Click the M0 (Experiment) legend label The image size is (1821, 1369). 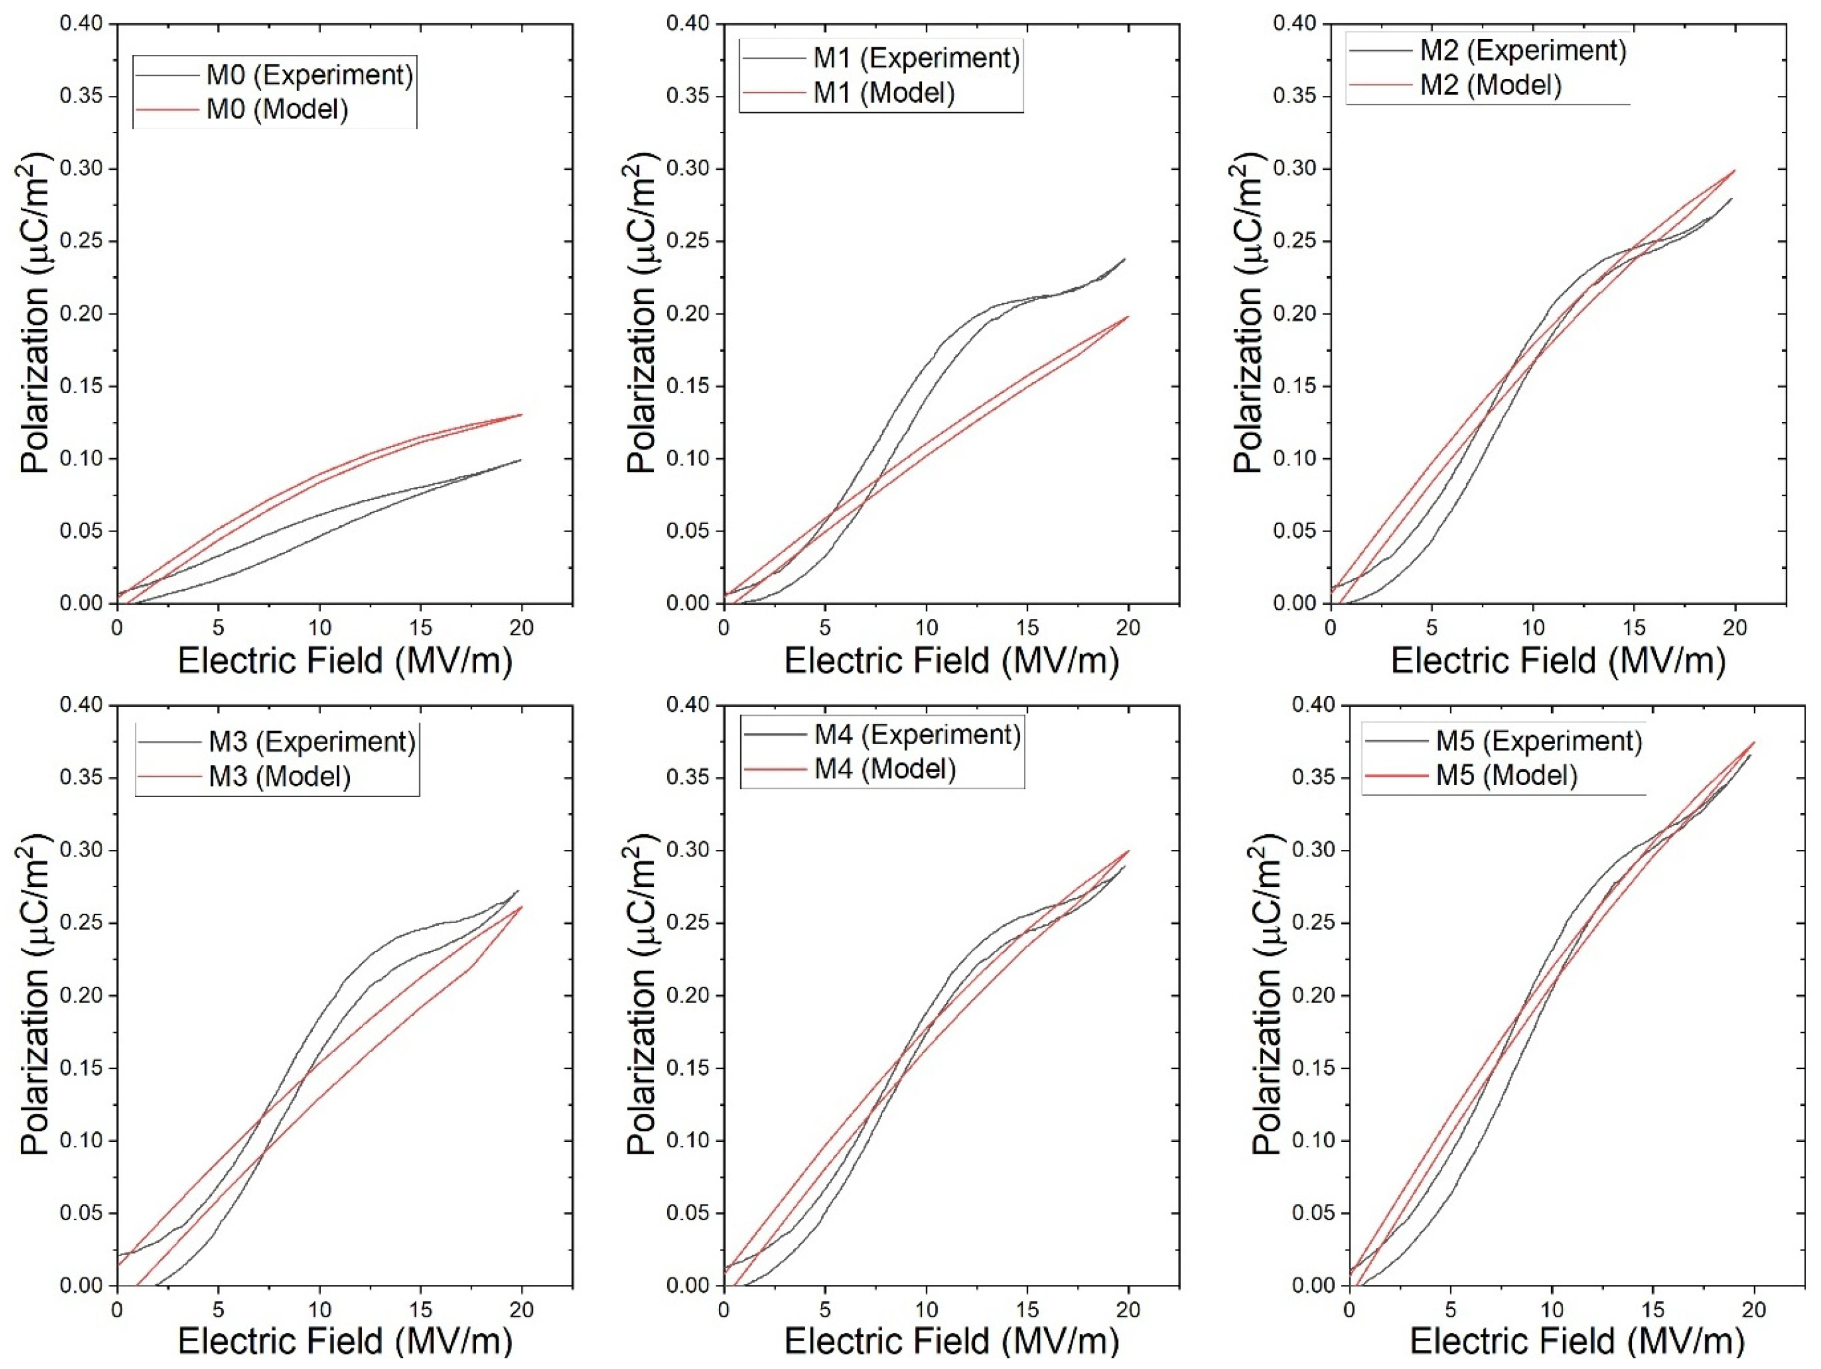tap(310, 75)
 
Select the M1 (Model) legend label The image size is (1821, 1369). tap(883, 93)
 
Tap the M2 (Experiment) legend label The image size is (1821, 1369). tap(1523, 50)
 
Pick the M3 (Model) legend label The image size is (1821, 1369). tap(280, 776)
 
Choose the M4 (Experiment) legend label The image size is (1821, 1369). tap(917, 734)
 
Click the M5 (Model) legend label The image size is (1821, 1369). tap(1506, 776)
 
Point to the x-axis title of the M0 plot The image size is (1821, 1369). tap(345, 661)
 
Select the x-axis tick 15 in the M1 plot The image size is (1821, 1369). tap(1027, 627)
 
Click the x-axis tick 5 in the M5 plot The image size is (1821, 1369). tap(1450, 1310)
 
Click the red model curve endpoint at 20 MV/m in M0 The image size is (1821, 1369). tap(521, 414)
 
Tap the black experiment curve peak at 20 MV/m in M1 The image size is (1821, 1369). tap(1124, 259)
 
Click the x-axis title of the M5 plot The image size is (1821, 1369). tap(1578, 1343)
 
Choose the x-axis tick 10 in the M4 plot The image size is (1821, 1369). tap(926, 1310)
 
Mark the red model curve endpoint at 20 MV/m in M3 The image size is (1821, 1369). tap(521, 907)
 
